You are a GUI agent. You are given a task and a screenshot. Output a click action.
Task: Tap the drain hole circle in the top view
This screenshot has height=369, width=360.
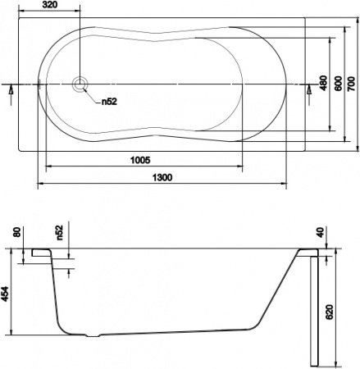point(80,84)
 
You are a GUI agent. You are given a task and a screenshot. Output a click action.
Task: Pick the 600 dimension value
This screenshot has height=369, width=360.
point(336,84)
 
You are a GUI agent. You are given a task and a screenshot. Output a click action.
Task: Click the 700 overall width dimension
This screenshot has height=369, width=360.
point(351,84)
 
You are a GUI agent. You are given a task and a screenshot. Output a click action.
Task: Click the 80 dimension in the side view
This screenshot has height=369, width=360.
point(17,234)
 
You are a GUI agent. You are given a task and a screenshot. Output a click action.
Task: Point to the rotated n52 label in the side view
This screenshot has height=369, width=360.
point(60,233)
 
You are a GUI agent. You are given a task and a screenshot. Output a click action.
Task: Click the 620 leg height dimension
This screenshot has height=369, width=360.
point(330,312)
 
